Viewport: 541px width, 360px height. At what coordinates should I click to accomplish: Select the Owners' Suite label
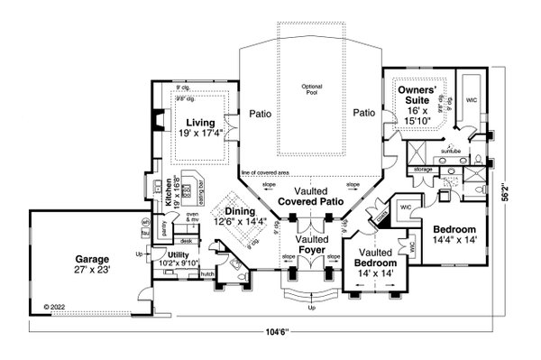click(x=418, y=90)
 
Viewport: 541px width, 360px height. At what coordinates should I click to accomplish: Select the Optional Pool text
click(x=311, y=89)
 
